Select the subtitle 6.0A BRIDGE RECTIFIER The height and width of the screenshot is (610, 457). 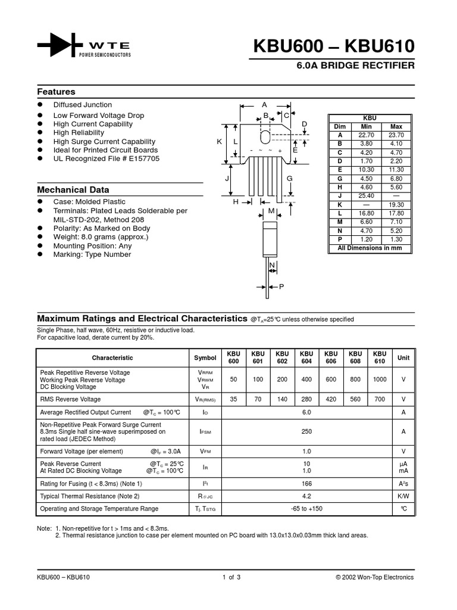(355, 66)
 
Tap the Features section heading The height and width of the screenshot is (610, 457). (56, 92)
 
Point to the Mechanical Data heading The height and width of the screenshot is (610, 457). (73, 189)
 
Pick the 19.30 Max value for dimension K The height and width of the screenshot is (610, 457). (396, 204)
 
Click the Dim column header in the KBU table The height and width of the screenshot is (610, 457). (340, 127)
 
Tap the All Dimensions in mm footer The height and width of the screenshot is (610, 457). (370, 248)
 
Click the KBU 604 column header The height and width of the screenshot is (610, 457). (306, 357)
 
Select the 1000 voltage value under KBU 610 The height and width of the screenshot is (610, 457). (380, 379)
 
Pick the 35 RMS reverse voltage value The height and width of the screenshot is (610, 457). (233, 399)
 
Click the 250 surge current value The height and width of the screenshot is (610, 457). (306, 431)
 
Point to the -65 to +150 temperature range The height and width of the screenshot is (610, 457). (306, 509)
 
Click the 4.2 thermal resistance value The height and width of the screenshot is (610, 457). (306, 496)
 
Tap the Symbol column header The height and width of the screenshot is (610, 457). (205, 357)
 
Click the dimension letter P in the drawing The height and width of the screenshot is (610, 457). (281, 287)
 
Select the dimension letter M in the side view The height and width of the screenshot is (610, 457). (271, 211)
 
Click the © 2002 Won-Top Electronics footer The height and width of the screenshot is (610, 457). (374, 577)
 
